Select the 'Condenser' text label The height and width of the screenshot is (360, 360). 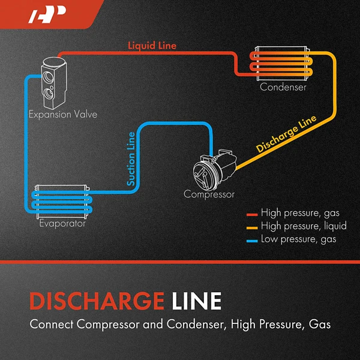tap(283, 88)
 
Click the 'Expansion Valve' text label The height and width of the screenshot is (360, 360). tap(63, 114)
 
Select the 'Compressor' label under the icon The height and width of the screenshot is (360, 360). tap(209, 194)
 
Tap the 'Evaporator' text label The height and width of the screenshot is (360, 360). tap(62, 224)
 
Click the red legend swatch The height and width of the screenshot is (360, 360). tap(253, 214)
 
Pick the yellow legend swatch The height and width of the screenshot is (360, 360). tap(253, 227)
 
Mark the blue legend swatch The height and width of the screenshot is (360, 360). tap(253, 240)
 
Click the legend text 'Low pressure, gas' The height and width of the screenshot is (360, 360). tap(298, 239)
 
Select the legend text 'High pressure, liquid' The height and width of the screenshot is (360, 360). tap(303, 226)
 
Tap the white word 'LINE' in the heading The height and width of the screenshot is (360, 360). tap(191, 301)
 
